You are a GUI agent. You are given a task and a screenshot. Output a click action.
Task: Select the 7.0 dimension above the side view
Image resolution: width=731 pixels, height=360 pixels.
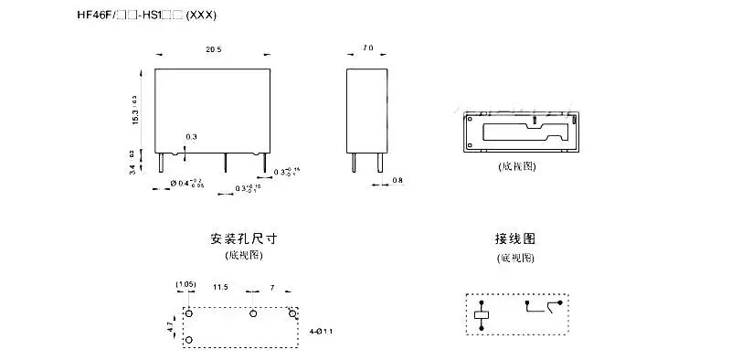[367, 47]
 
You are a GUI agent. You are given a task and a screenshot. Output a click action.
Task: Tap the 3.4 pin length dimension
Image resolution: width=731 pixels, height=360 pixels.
[133, 164]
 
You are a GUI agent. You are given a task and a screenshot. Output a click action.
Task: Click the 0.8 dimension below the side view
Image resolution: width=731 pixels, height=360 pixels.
[397, 180]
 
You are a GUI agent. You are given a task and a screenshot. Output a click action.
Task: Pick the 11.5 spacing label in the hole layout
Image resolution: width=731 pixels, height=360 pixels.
[220, 287]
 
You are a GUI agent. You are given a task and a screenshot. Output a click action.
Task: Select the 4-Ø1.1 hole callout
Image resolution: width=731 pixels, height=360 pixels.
[321, 330]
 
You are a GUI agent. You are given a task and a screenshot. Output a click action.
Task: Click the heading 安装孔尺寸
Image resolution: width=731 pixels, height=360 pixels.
[243, 238]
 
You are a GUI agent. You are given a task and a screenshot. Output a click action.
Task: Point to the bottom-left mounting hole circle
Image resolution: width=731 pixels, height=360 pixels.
[189, 341]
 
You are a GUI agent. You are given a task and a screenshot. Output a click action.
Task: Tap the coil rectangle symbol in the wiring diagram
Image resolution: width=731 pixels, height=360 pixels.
[482, 316]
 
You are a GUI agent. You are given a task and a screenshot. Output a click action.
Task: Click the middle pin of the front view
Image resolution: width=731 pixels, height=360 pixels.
[226, 162]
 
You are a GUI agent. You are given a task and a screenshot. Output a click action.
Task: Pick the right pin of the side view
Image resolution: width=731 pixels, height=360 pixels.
[374, 162]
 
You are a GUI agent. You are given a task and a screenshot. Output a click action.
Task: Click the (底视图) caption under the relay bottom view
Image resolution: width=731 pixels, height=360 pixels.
[516, 166]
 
